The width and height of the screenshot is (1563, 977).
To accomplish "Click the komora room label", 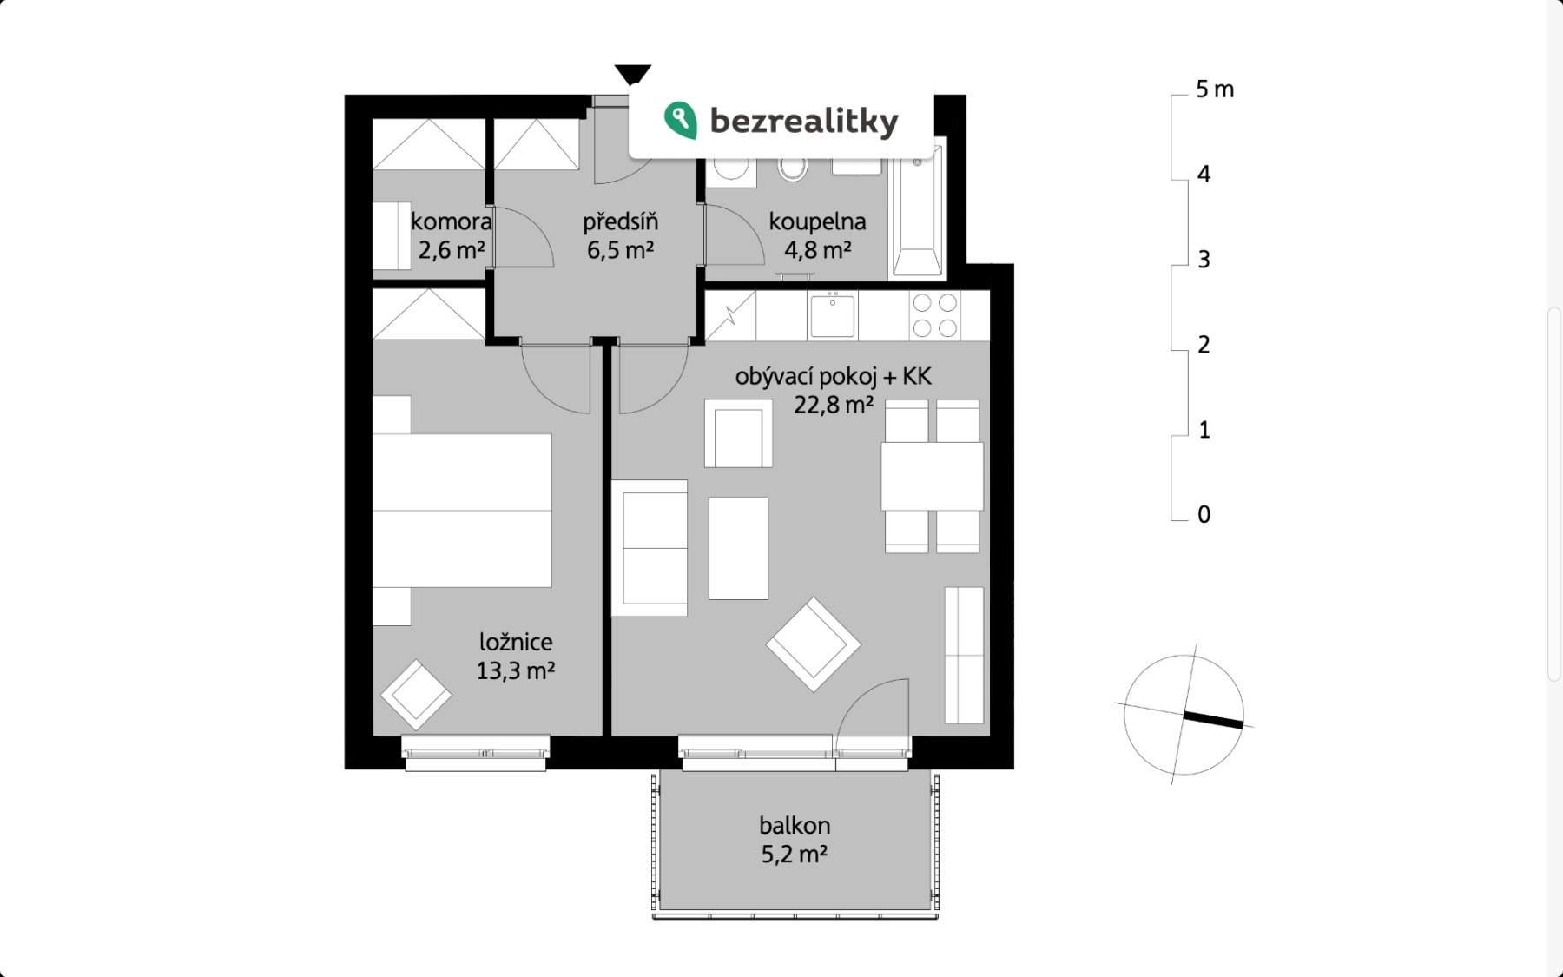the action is point(451,221).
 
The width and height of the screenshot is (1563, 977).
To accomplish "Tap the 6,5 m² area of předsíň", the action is point(620,250).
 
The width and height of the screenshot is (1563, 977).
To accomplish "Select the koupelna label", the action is point(817,221).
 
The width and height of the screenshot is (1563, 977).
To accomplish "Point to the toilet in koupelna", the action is point(792,168).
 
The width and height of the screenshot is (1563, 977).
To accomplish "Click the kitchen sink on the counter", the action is point(832,315).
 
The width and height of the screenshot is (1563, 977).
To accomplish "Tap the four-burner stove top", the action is point(934,315).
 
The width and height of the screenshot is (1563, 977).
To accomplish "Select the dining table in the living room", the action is point(932,476).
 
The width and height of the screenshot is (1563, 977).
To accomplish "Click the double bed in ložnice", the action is point(462,511).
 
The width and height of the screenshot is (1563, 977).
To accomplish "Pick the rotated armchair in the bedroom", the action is point(416,695).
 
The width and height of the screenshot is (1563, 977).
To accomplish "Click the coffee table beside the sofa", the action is point(738,548).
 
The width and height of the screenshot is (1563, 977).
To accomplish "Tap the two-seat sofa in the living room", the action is point(650,548).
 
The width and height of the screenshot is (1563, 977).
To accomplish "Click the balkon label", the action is point(795,825).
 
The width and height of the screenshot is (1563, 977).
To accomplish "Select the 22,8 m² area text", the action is point(834,405).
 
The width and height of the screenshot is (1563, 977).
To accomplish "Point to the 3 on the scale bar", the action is point(1204,260).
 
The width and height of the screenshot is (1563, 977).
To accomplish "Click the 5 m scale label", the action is point(1215,89).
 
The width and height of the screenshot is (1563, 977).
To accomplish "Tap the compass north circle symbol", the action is point(1184,716).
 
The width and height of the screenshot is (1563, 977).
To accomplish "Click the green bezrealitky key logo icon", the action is point(681,120).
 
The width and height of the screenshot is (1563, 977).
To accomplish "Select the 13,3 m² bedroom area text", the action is point(516,670).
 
